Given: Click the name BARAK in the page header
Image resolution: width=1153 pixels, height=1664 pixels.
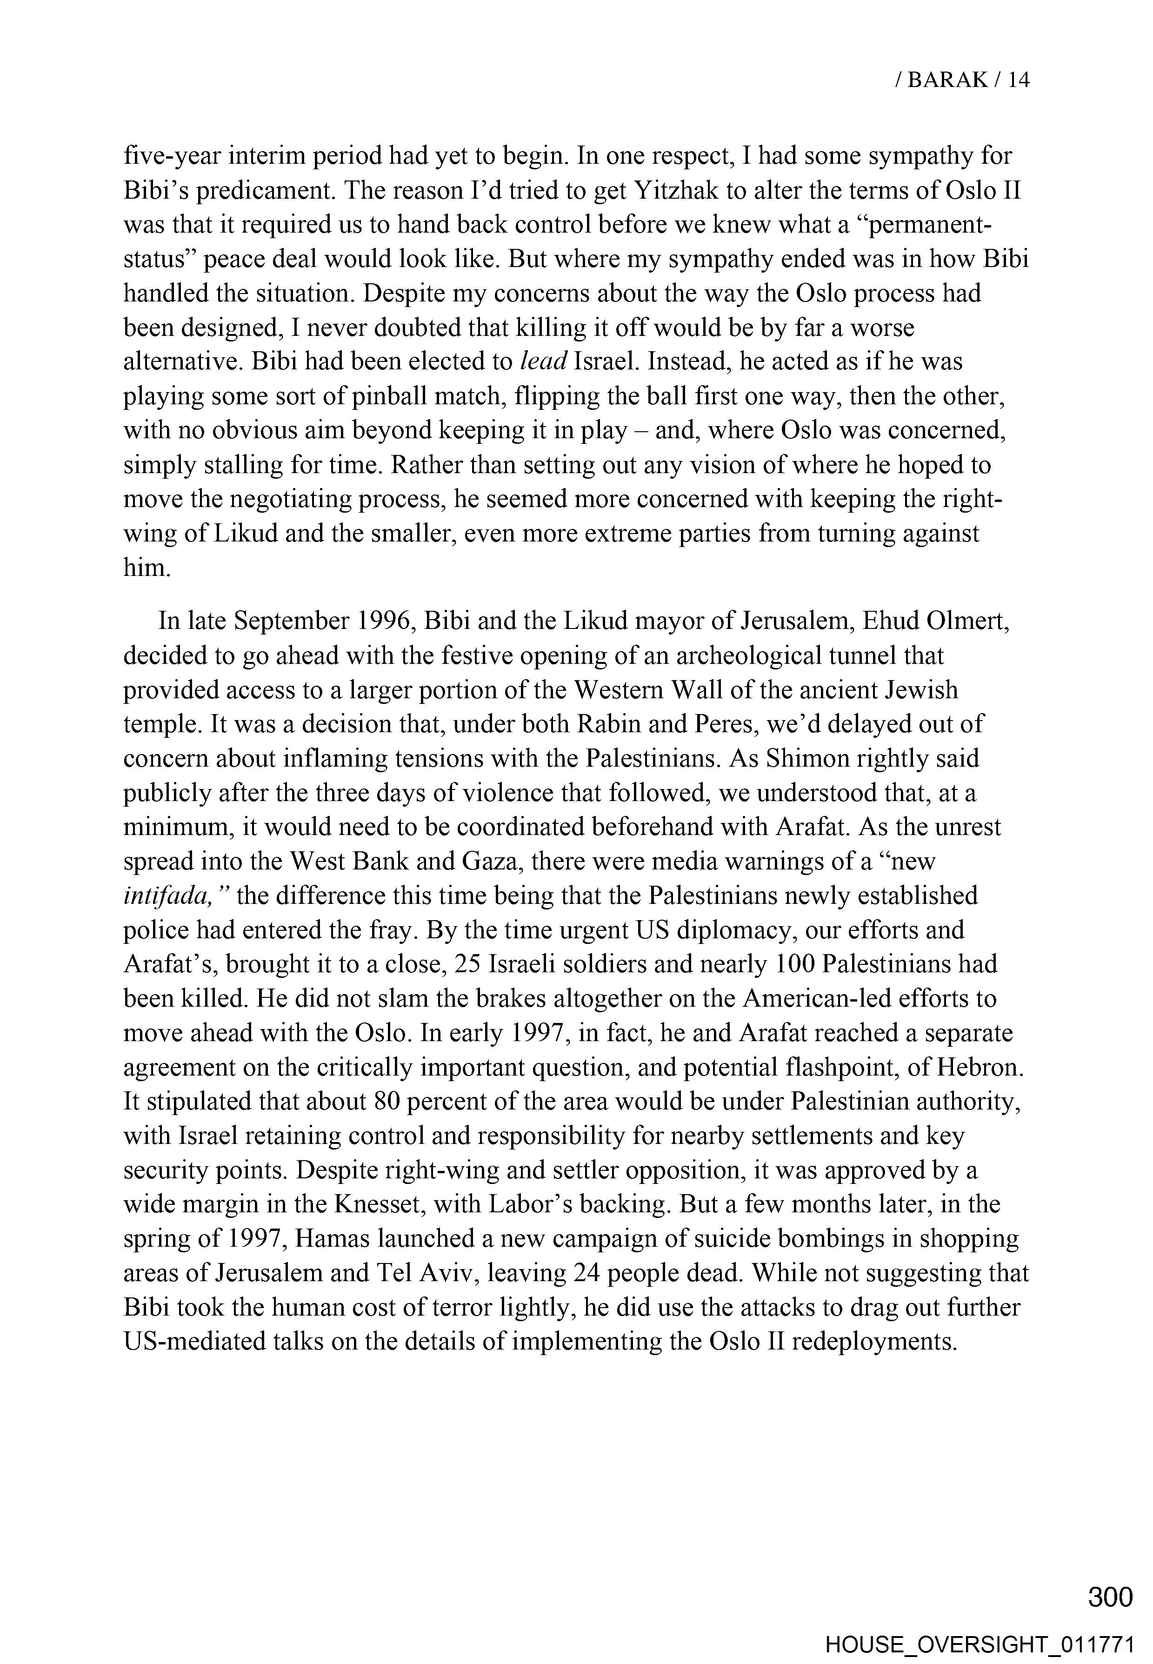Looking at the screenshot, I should coord(947,80).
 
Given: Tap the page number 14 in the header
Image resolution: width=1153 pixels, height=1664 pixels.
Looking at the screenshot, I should coord(1018,80).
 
